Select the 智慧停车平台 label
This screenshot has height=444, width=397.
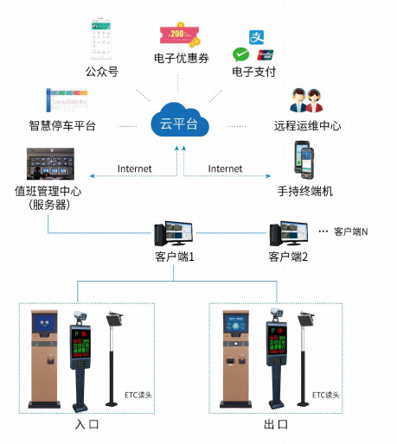[x=61, y=126]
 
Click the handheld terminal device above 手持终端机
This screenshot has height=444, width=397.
[x=304, y=160]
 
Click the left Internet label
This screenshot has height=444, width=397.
[x=134, y=168]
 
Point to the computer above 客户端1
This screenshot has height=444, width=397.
[x=171, y=233]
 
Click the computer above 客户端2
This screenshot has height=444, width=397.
[x=286, y=233]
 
